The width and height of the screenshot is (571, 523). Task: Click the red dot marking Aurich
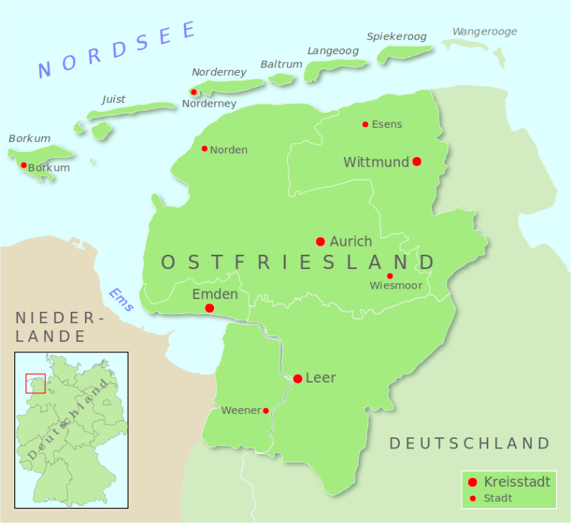[x=320, y=241]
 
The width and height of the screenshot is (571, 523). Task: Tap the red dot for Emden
[x=210, y=308]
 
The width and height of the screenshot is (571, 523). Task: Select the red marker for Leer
[x=298, y=378]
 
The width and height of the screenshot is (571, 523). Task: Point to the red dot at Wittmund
[x=417, y=162]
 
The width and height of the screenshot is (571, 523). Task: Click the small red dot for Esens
[x=365, y=124]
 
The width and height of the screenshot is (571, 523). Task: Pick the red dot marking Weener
[x=266, y=410]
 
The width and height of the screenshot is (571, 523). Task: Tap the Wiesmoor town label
[x=395, y=286]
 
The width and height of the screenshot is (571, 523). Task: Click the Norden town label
[x=228, y=150]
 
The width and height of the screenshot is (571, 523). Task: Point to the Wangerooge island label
[x=485, y=32]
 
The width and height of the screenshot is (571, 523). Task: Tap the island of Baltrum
[x=282, y=79]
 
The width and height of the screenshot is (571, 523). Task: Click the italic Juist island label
[x=113, y=99]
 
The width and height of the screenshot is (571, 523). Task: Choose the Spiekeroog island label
[x=397, y=36]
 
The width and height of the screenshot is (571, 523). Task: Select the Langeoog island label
[x=333, y=51]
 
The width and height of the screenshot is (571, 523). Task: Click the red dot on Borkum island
[x=24, y=165]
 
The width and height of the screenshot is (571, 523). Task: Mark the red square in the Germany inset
[x=35, y=383]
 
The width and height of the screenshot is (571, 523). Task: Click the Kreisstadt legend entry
[x=517, y=482]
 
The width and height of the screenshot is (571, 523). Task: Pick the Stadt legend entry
[x=498, y=497]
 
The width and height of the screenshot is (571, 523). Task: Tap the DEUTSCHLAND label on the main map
[x=470, y=443]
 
